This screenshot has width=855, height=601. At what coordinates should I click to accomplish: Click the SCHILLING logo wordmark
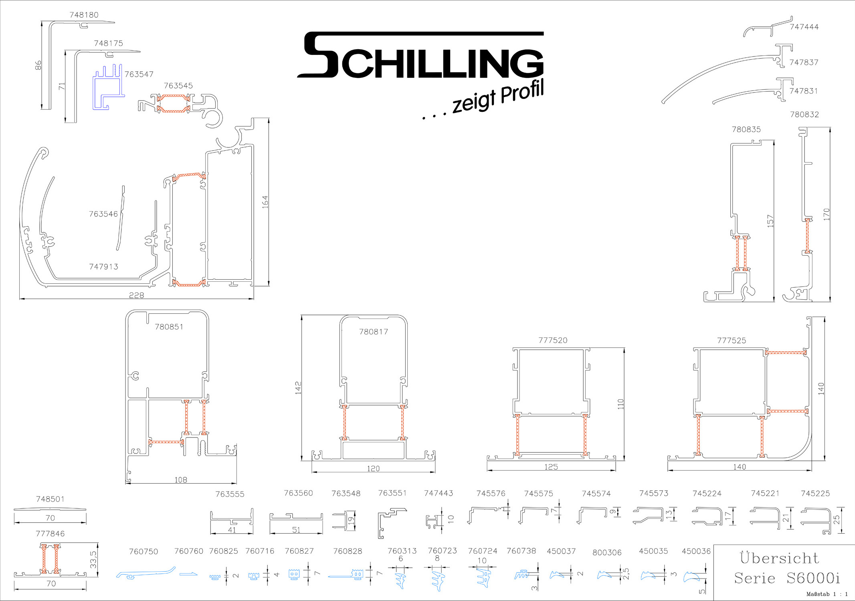coord(420,55)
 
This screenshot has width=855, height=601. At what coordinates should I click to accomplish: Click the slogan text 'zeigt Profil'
coord(498,97)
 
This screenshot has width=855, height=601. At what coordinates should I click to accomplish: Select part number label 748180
coord(84,15)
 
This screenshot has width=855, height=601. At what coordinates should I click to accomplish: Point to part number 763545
coord(178,86)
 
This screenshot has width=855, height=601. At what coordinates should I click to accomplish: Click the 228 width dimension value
coord(136,295)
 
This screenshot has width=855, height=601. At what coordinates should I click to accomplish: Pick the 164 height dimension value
coord(265,202)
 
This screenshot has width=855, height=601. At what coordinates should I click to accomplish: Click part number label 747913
coord(103,266)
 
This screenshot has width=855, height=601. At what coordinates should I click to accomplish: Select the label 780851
coord(169,327)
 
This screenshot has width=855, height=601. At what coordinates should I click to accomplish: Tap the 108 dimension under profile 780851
coord(181,480)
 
